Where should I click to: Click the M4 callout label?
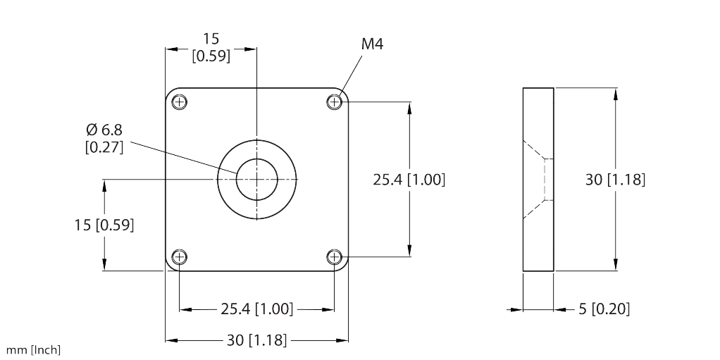pos(372,44)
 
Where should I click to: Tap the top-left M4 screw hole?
pos(180,102)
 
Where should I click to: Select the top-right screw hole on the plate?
pos(334,102)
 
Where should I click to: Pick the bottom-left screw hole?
pos(180,256)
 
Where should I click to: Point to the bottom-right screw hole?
pos(334,256)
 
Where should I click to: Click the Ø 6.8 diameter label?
pos(104,130)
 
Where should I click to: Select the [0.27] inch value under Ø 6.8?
pos(104,147)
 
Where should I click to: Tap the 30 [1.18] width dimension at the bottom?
pos(256,340)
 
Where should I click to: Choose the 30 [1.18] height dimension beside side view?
pos(615,180)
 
